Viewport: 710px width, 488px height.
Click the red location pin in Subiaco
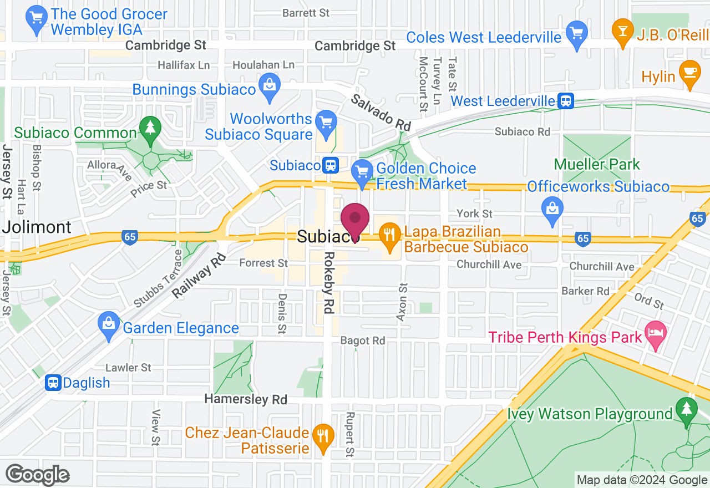coord(354,221)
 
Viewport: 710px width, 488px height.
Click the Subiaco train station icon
coord(331,165)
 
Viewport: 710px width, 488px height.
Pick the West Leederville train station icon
coord(566,101)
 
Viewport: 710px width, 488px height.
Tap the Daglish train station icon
coord(53,383)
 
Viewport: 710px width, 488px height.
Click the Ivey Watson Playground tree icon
coord(687,411)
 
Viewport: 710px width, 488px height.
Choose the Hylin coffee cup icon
coord(689,74)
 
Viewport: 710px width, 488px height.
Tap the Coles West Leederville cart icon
coord(577,34)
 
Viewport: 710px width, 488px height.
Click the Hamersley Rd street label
coord(246,399)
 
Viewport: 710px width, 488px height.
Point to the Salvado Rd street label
coord(380,113)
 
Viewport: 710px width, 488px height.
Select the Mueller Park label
coord(597,165)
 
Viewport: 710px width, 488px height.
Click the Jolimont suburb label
coord(37,227)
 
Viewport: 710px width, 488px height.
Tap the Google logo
coord(37,475)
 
